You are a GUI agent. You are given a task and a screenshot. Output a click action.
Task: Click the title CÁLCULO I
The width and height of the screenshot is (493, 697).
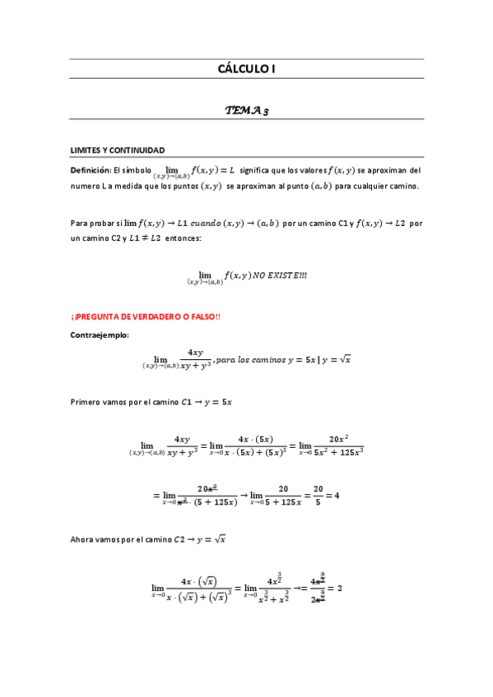[x=246, y=69]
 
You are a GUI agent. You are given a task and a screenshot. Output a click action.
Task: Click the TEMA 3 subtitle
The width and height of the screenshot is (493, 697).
[x=246, y=110]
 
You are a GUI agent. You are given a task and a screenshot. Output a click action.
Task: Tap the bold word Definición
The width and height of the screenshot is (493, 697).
[x=90, y=170]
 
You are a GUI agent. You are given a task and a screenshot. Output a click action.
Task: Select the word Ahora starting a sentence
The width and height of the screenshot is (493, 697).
[x=84, y=539]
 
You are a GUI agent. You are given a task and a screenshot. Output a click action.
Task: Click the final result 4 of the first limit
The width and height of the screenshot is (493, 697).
[x=336, y=496]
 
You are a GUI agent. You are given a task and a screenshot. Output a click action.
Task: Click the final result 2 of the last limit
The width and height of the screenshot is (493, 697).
[x=338, y=589]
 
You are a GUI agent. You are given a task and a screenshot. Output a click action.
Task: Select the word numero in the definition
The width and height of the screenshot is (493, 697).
[x=86, y=186]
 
